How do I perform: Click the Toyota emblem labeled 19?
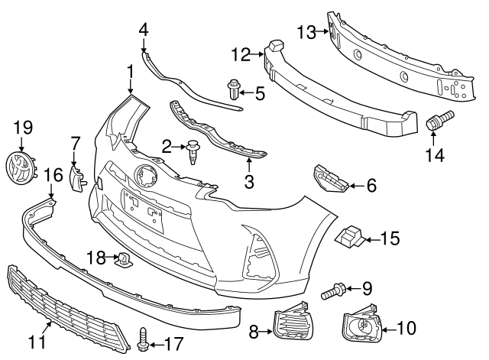(21, 167)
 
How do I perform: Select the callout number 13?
(306, 32)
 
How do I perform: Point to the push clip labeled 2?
(193, 152)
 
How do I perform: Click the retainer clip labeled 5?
(233, 89)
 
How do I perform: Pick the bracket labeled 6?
(330, 178)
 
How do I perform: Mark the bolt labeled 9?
(333, 290)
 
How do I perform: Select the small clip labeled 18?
(124, 260)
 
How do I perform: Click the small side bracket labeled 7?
(76, 179)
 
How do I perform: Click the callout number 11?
(37, 342)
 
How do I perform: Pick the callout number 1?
(130, 72)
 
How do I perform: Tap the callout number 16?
(53, 175)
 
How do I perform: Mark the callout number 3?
(249, 182)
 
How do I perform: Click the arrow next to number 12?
(257, 54)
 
